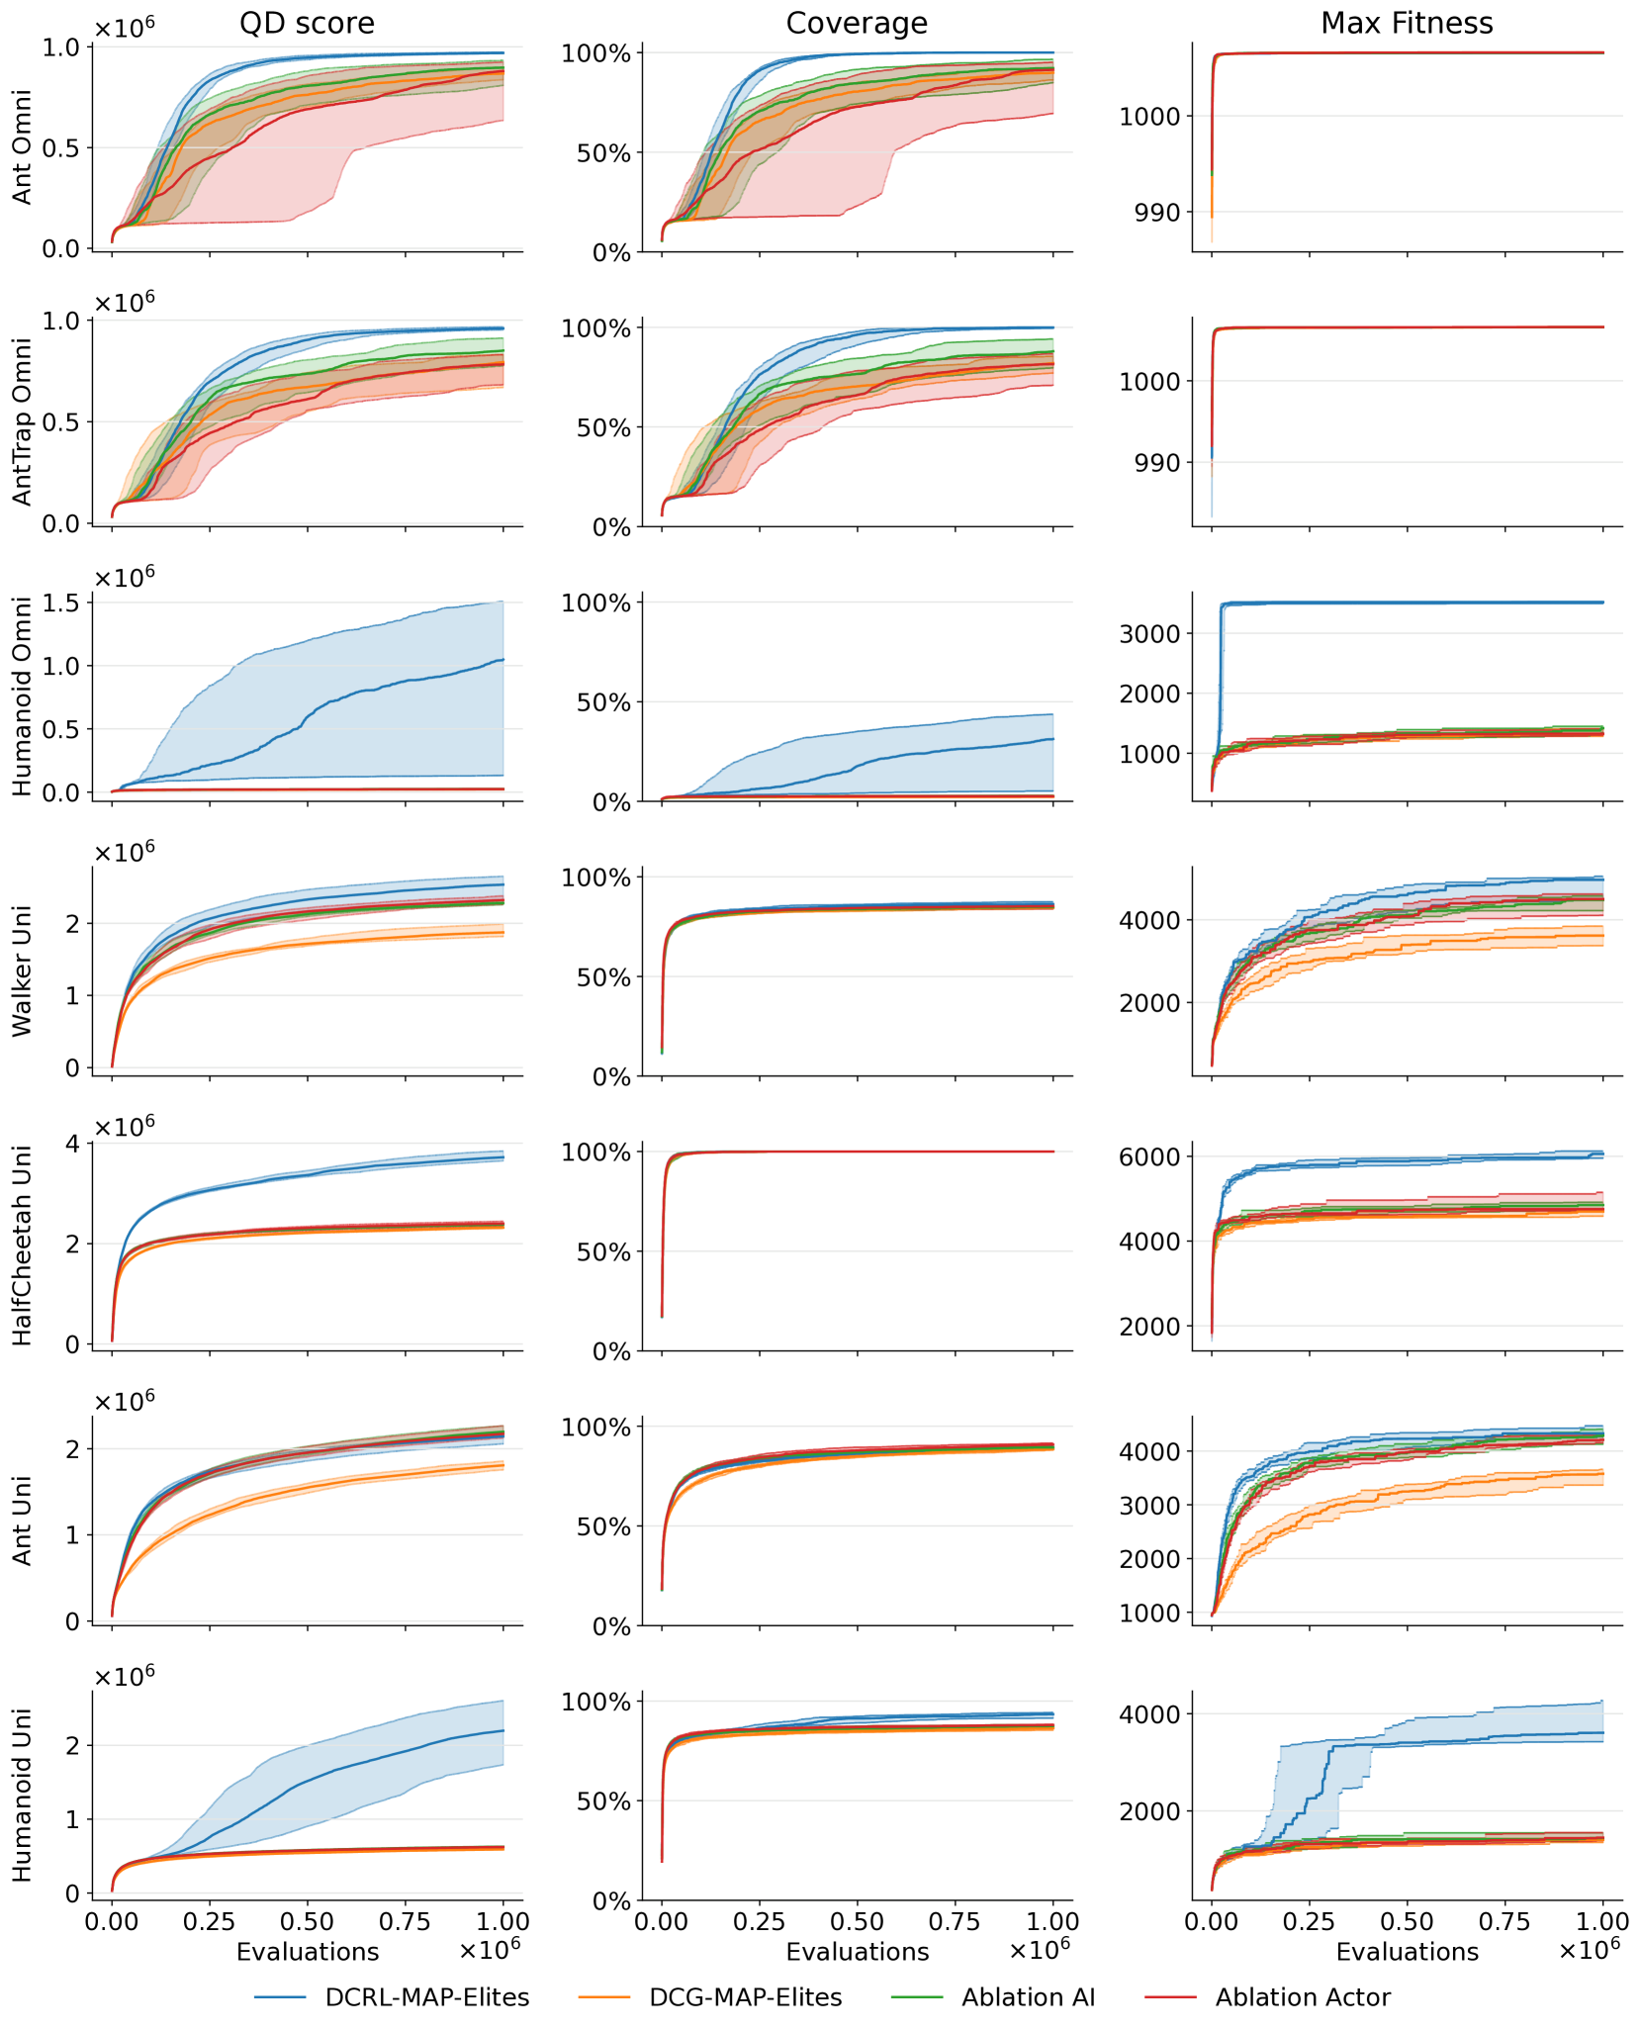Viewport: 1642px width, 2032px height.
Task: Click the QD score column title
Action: click(x=307, y=24)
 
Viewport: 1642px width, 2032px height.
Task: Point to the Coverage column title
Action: click(x=857, y=24)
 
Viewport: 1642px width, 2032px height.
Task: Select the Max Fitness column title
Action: click(x=1407, y=24)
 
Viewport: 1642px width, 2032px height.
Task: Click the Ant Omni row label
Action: click(x=23, y=147)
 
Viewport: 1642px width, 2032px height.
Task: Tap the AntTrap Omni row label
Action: click(x=23, y=422)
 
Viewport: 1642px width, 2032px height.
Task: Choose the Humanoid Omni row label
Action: click(x=23, y=696)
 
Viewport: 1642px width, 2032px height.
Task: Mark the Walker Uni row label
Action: click(x=23, y=971)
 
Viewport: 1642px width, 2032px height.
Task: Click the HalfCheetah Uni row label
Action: click(x=23, y=1246)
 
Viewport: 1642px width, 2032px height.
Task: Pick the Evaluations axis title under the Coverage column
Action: click(x=857, y=1952)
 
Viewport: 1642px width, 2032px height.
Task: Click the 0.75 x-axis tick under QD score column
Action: click(x=405, y=1922)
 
